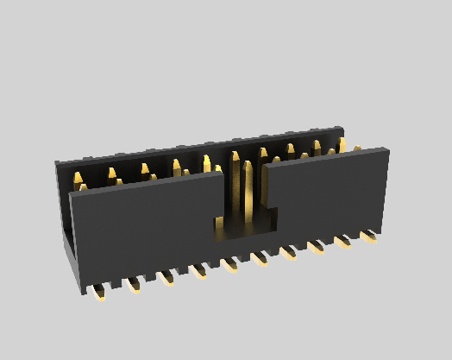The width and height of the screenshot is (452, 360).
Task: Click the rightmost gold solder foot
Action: [371, 235]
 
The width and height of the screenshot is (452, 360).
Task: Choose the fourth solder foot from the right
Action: [288, 252]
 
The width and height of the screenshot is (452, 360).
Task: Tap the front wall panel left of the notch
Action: [142, 229]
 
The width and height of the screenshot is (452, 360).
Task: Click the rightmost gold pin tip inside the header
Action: [342, 142]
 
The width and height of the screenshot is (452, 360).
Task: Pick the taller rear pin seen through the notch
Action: [235, 186]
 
